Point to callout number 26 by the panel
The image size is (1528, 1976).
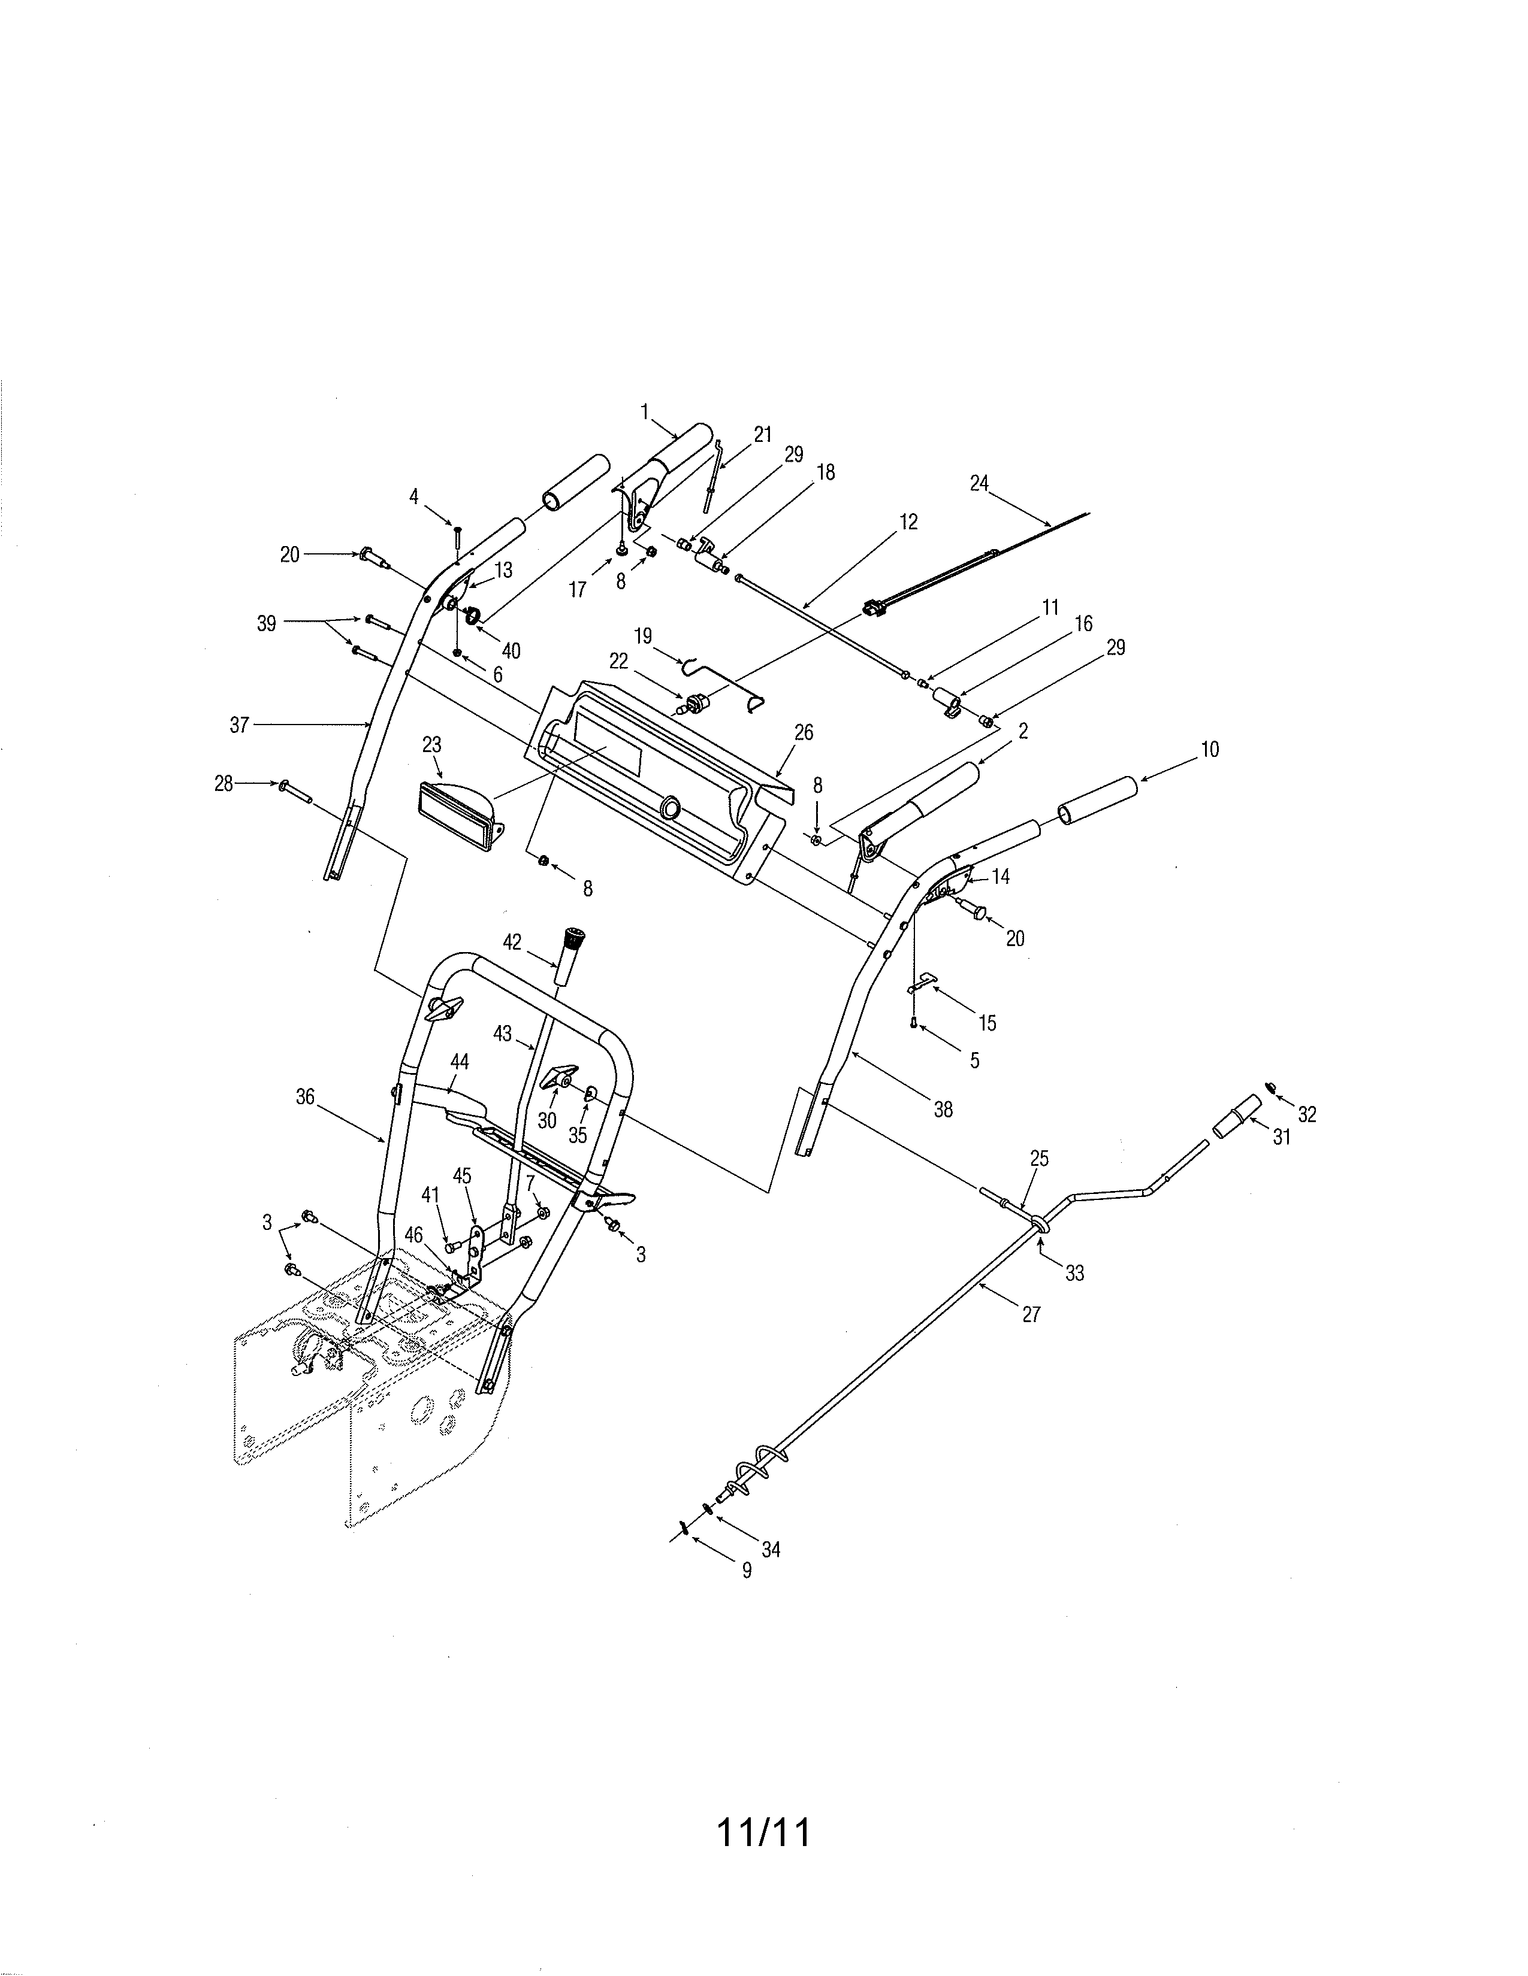[803, 733]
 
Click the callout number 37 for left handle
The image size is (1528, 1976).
[239, 725]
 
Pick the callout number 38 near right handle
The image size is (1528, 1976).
[943, 1109]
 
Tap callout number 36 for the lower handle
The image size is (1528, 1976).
[305, 1096]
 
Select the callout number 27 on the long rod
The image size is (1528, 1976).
[1031, 1314]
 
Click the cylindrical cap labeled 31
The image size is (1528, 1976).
[1237, 1115]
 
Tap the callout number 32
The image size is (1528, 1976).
[1306, 1115]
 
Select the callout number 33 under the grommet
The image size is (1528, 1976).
[1074, 1273]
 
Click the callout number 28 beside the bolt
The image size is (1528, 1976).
[224, 784]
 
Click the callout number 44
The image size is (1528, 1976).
[460, 1062]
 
